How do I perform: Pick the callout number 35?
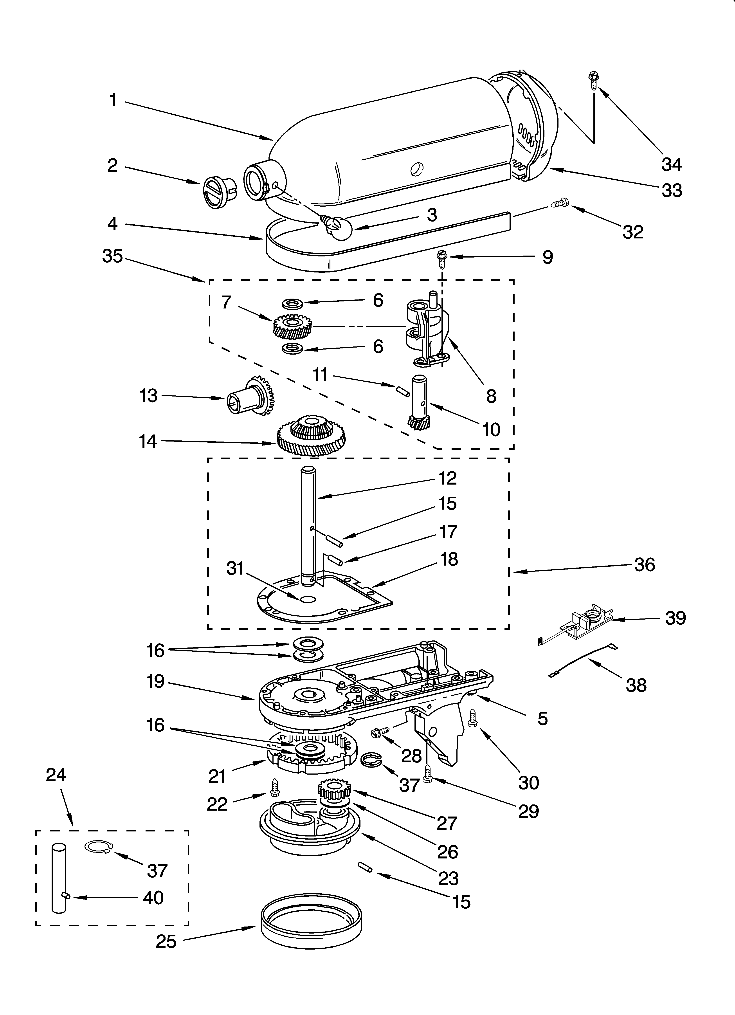tap(112, 256)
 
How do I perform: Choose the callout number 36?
tap(645, 565)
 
